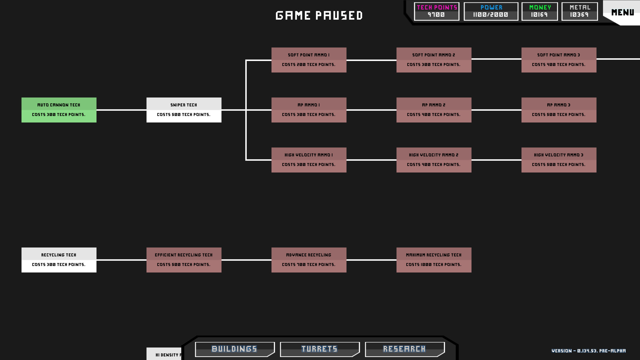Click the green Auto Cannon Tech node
point(59,110)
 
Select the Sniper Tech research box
point(184,110)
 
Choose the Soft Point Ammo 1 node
point(309,60)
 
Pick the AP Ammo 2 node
point(434,110)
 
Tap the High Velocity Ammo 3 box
point(559,160)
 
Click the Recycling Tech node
point(59,260)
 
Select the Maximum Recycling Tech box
point(434,260)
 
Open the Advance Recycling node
point(309,260)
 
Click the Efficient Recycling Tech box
point(184,260)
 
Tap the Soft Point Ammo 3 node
point(559,60)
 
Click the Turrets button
point(319,349)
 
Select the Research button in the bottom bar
point(404,349)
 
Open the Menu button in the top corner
point(622,12)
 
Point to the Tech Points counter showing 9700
point(436,11)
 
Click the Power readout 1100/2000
point(491,11)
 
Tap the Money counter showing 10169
point(539,11)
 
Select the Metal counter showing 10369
point(579,11)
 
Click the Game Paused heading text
point(319,16)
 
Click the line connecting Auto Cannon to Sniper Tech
point(121,110)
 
